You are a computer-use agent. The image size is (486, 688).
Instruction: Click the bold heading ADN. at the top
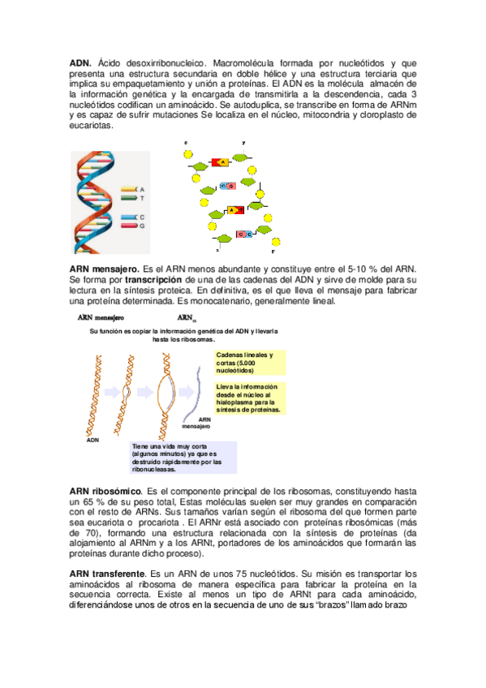point(80,62)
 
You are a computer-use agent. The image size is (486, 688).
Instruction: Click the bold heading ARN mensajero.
point(104,269)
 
